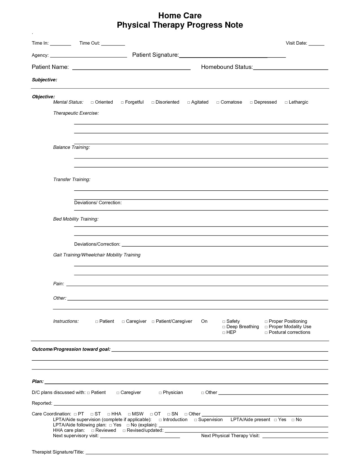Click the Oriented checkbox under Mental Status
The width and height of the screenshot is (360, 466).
(x=92, y=102)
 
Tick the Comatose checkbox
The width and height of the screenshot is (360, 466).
(x=218, y=102)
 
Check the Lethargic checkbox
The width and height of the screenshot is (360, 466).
(x=286, y=102)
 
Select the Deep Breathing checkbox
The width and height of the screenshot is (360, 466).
(x=224, y=327)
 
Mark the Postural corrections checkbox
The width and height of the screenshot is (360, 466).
(x=266, y=333)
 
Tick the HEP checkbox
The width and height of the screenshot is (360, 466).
(x=224, y=333)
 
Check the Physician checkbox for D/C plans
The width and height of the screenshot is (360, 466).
(x=160, y=393)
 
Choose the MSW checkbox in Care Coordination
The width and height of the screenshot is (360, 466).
(x=129, y=414)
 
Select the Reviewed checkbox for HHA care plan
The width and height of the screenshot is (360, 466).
(x=93, y=431)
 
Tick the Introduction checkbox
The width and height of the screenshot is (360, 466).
(x=160, y=420)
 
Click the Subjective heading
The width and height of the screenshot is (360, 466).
(x=44, y=80)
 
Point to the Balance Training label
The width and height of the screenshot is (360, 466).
(x=71, y=147)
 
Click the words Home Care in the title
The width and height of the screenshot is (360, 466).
(x=180, y=15)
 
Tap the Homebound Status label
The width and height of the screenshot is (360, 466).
(x=227, y=67)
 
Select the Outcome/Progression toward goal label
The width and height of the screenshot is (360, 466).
(x=71, y=349)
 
